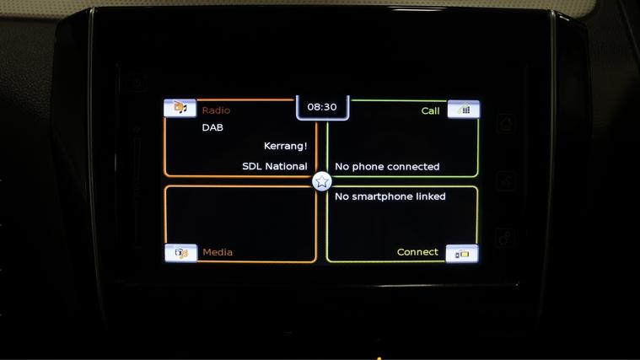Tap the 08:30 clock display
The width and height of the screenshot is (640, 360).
pos(322,107)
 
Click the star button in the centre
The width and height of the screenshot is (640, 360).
pos(321,181)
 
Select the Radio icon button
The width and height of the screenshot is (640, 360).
pos(180,108)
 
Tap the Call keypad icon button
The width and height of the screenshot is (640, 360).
pos(463,110)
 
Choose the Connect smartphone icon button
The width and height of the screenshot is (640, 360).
pos(462,254)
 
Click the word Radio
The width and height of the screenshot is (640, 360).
pos(216,110)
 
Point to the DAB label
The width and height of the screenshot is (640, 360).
pos(212,128)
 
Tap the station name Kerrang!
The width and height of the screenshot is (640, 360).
pos(285,146)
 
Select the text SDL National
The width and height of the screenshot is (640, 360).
pos(275,167)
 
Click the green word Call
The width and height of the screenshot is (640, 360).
pos(430,111)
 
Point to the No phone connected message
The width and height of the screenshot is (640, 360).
pos(387,167)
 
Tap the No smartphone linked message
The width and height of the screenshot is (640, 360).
pos(390,196)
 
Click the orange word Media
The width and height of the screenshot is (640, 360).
pos(218,252)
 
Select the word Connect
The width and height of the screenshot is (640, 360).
pos(417,252)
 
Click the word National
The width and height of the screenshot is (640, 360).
pos(286,167)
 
